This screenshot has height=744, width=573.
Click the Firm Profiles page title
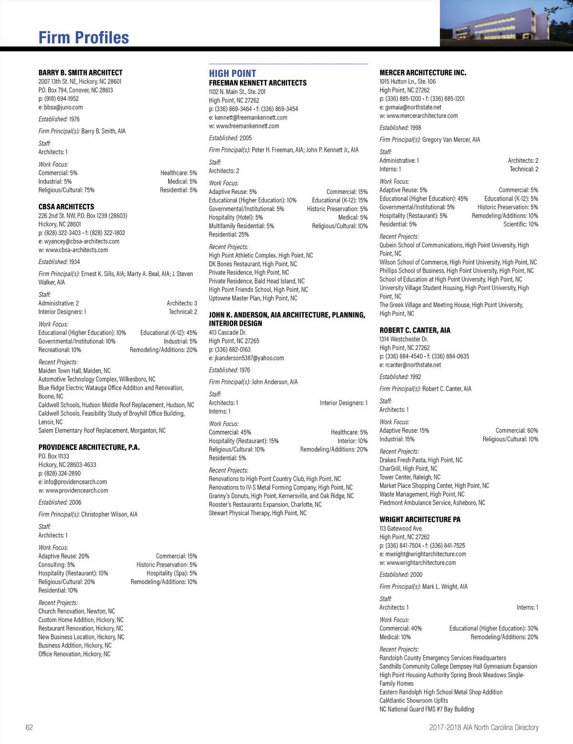84,38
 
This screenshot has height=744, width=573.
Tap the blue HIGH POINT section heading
233,74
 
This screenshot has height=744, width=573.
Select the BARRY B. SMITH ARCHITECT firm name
80,73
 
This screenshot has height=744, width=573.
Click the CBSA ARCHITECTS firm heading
66,207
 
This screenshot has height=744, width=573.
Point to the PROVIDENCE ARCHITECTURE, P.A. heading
89,447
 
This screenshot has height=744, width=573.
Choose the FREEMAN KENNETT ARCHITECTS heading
258,83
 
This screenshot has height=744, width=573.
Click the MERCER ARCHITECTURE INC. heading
423,73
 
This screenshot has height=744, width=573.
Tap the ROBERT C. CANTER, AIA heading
415,330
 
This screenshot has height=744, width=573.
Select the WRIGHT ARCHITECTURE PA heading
420,520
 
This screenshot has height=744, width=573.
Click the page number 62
29,727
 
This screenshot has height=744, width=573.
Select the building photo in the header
506,23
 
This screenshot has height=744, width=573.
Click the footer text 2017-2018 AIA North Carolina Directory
483,727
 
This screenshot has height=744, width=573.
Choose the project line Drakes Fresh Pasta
421,460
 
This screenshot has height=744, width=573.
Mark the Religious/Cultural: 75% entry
66,190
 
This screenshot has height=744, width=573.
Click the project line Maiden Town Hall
74,371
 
